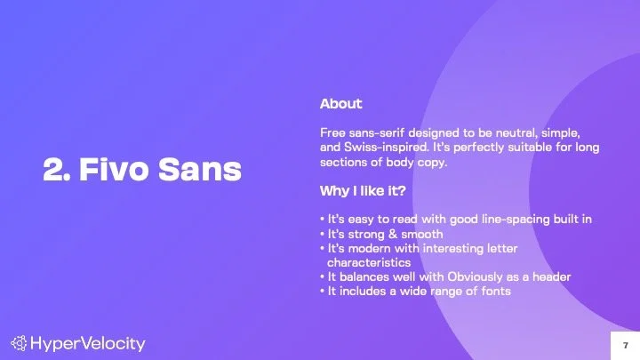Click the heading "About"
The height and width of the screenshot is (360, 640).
pyautogui.click(x=340, y=104)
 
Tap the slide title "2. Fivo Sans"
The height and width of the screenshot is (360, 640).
pyautogui.click(x=142, y=171)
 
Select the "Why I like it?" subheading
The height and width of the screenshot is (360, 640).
pyautogui.click(x=364, y=190)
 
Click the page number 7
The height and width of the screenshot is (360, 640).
pyautogui.click(x=625, y=343)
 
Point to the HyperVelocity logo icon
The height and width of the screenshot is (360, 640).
pyautogui.click(x=19, y=343)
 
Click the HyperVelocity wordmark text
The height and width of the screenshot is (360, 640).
pyautogui.click(x=87, y=343)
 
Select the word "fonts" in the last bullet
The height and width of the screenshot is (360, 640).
pyautogui.click(x=493, y=291)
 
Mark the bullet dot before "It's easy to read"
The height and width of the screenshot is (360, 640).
pyautogui.click(x=322, y=219)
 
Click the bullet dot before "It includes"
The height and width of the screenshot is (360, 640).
pyautogui.click(x=322, y=291)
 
